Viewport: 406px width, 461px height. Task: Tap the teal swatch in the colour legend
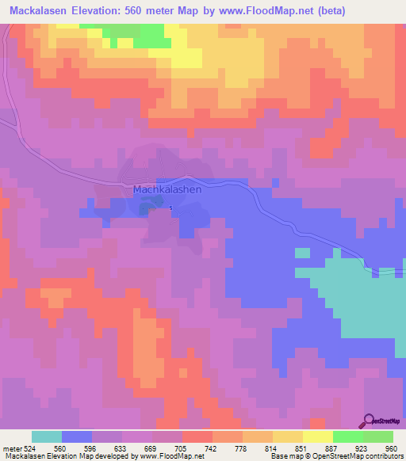pyautogui.click(x=47, y=436)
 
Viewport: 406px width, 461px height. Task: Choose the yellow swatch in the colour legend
pyautogui.click(x=317, y=436)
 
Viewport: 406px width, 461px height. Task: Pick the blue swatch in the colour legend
pyautogui.click(x=77, y=436)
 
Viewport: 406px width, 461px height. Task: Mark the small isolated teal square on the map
pyautogui.click(x=302, y=253)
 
